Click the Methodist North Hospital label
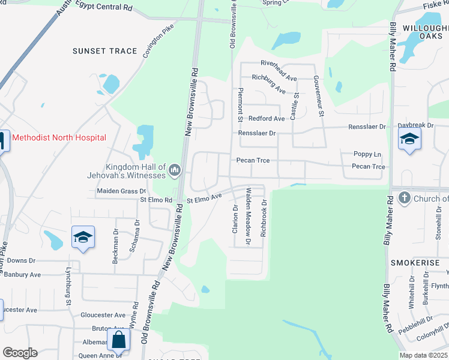click(59, 137)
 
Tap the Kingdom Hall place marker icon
click(175, 171)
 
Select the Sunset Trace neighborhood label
click(105, 51)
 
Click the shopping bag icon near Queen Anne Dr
click(119, 340)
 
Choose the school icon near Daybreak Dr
click(409, 140)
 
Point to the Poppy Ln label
click(367, 154)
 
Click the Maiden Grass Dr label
click(121, 191)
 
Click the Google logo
click(19, 353)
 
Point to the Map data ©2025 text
click(423, 355)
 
